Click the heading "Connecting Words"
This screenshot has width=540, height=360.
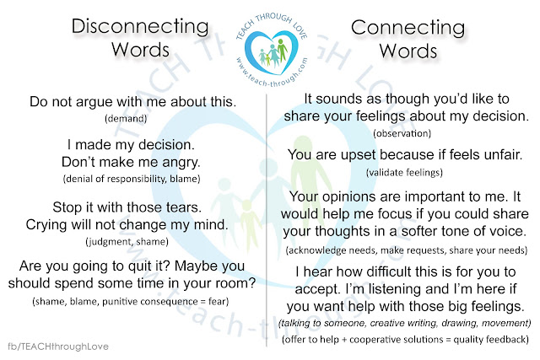(x=408, y=40)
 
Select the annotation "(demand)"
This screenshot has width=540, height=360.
(x=126, y=119)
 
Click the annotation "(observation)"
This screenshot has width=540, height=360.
(x=402, y=133)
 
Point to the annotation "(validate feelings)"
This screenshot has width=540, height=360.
(x=404, y=172)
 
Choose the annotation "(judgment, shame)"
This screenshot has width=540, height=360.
(x=127, y=242)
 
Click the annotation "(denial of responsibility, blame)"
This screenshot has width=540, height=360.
(x=132, y=179)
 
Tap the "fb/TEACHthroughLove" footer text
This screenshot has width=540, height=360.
(x=58, y=347)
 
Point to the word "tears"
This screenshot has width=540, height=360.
(x=184, y=207)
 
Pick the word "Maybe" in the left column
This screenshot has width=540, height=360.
(x=194, y=266)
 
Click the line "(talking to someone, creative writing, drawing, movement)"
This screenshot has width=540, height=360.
(x=405, y=323)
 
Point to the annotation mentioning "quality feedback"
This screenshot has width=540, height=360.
(x=405, y=340)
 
